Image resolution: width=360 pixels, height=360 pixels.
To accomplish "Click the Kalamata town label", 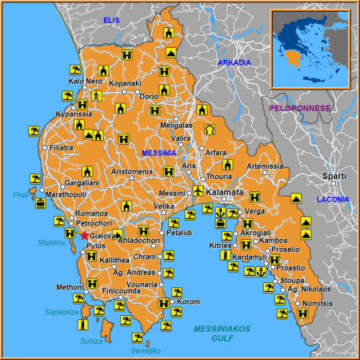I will tap(225, 194).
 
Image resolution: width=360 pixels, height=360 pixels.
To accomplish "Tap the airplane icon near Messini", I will tap(198, 190).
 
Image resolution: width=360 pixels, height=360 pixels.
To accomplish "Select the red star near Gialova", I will tap(84, 235).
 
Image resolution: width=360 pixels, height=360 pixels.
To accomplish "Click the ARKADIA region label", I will tap(234, 62).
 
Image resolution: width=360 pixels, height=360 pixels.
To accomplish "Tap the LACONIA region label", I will tap(333, 198).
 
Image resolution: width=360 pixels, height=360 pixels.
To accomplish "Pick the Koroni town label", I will tap(189, 302).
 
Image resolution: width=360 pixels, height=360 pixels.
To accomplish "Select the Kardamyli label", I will tap(250, 258).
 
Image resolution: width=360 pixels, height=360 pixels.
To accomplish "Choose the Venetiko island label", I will tap(146, 350).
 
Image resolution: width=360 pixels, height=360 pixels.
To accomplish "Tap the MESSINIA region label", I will tap(158, 153).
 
